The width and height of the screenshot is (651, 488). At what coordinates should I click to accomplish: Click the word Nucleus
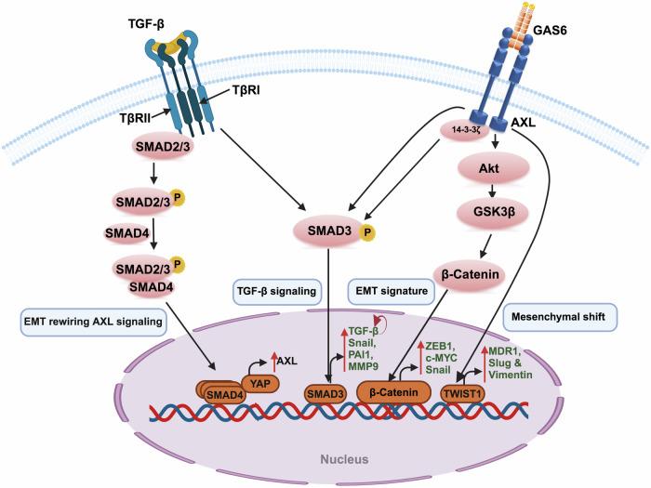tap(325, 458)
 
